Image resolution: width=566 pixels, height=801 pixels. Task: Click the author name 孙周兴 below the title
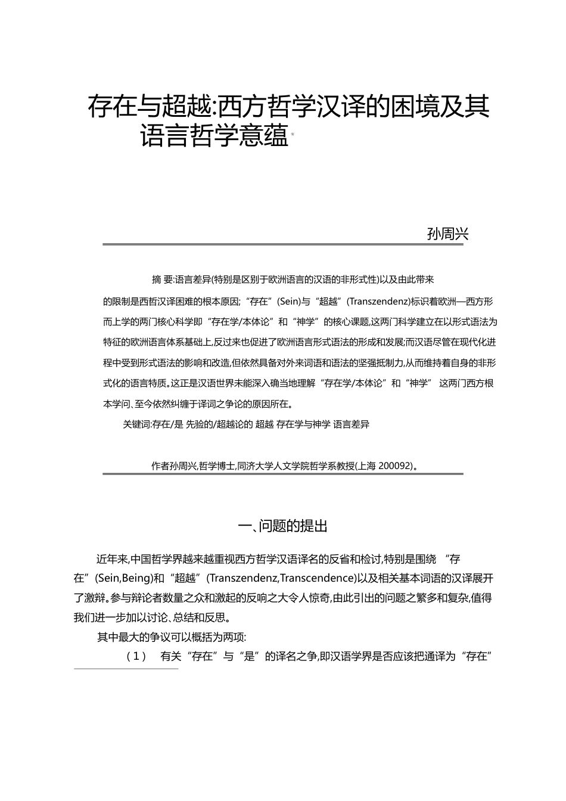[x=448, y=234]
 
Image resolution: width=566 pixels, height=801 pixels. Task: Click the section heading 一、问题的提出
[x=282, y=526]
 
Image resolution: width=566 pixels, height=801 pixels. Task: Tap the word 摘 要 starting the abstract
[x=162, y=279]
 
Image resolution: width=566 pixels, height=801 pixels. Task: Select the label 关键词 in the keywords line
[x=136, y=424]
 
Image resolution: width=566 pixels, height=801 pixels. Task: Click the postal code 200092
[x=393, y=466]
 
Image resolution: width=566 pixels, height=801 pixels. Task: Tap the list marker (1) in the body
[x=136, y=657]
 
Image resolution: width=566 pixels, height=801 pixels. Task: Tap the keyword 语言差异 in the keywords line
[x=352, y=424]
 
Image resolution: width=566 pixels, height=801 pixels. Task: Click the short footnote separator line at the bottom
[x=126, y=669]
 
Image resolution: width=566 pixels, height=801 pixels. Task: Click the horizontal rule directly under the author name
[x=282, y=244]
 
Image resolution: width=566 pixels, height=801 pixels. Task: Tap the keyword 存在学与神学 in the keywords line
[x=303, y=424]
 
